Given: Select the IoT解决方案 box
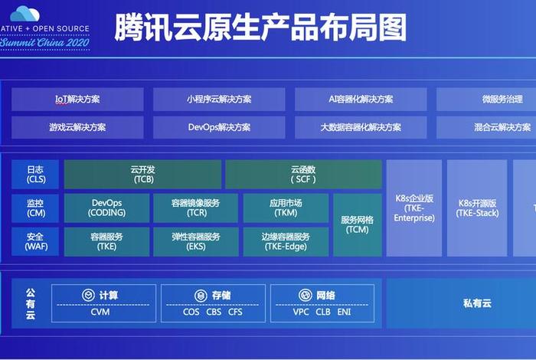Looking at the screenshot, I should pos(77,100).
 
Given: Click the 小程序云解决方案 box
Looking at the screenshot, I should pos(219,100).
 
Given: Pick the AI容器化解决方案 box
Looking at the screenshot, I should pos(361,100).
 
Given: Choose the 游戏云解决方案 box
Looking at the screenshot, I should pos(77,127).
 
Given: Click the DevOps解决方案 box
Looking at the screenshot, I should pos(219,127).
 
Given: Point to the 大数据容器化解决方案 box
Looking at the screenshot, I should pos(361,127).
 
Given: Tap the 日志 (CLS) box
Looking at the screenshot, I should pos(36,175).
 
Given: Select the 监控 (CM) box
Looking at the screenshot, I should pos(36,208).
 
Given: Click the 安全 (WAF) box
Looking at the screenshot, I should pos(36,241).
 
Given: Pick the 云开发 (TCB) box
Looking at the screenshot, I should pos(143,175).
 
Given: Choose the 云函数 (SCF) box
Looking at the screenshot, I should pos(303,175).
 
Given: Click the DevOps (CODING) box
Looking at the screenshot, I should pos(106,208).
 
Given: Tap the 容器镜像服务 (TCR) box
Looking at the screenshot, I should pos(195,208).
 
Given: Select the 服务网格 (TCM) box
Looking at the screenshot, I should pos(357,224).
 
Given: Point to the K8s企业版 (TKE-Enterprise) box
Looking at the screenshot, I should pos(414,208).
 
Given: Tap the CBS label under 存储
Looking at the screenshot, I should pos(214,313).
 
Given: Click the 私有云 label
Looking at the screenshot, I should pos(477,303).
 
